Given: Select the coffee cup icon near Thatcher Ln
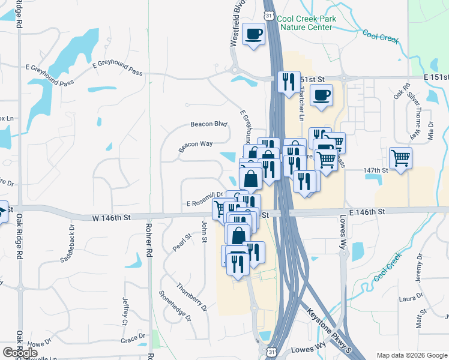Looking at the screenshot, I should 321,95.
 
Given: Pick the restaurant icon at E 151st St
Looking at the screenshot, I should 289,82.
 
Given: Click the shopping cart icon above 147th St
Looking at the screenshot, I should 400,158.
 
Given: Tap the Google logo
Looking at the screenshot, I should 20,353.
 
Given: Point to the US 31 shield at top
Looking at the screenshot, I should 269,16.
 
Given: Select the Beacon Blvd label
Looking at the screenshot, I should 209,124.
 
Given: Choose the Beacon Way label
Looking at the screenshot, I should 196,145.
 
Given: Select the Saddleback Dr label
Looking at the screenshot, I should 67,243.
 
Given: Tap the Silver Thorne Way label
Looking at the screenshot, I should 414,114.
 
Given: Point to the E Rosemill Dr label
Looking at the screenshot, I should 205,201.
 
